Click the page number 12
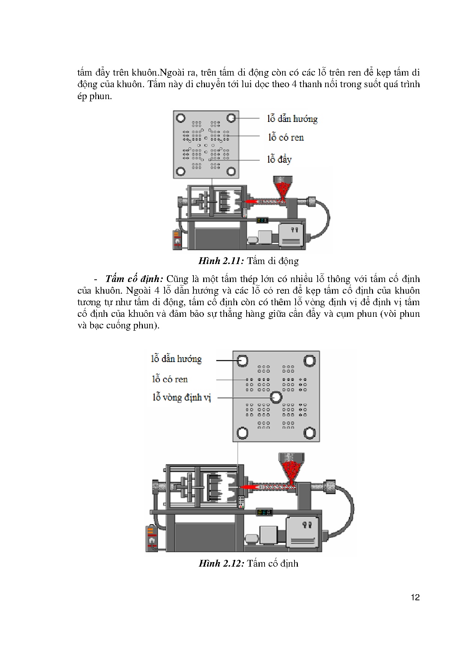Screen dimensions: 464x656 click(415, 597)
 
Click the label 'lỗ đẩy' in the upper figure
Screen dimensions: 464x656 click(279, 159)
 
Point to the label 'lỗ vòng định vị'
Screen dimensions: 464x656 click(182, 397)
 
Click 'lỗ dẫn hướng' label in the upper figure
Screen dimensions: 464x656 click(292, 119)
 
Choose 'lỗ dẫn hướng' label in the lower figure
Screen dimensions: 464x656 click(177, 359)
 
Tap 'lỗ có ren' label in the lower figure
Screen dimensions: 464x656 click(170, 379)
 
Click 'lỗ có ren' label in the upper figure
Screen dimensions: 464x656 click(286, 137)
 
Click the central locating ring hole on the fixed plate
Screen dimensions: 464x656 click(276, 397)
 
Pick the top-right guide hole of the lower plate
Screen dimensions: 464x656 click(309, 361)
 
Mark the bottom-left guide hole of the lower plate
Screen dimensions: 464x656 click(242, 433)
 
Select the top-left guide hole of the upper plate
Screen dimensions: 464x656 click(181, 118)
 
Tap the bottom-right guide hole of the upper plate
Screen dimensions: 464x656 click(232, 171)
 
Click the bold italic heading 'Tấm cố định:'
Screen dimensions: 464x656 click(134, 279)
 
